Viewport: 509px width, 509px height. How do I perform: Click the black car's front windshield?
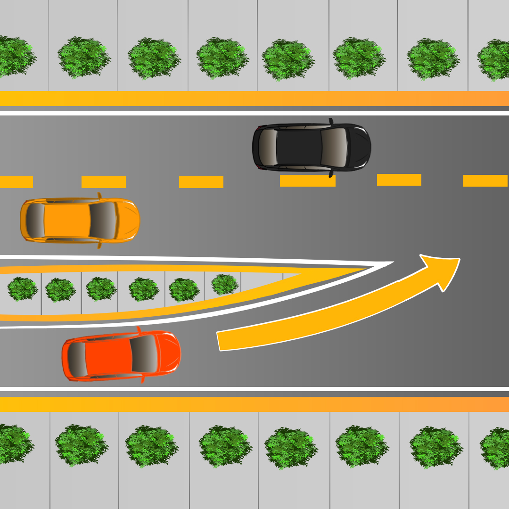coord(334,147)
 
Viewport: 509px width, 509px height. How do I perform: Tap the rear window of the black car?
coord(268,147)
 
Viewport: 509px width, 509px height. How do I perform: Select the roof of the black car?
coord(299,147)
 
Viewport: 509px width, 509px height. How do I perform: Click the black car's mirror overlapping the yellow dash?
coord(331,174)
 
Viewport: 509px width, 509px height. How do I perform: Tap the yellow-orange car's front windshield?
coord(102,220)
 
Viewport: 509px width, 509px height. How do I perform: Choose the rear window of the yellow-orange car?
coord(34,220)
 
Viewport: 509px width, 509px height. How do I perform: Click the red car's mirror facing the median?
coord(139,329)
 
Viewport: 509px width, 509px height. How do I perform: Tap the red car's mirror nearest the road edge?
coord(142,379)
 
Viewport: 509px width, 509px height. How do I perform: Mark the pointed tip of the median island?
coord(391,263)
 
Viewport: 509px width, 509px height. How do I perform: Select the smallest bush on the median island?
coord(224,284)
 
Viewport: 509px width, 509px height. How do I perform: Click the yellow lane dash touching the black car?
coord(307,181)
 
